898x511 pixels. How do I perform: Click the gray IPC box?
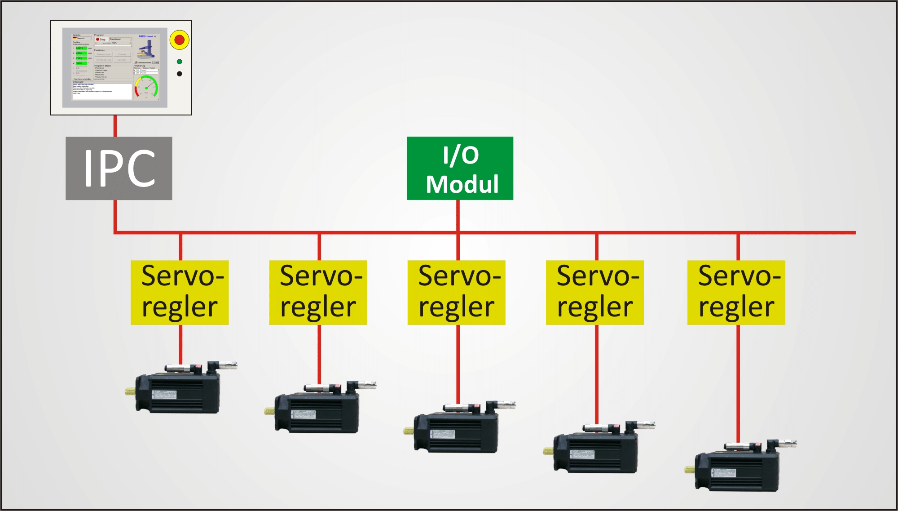pos(119,168)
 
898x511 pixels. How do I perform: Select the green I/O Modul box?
pos(460,168)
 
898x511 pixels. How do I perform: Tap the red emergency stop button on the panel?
pos(179,40)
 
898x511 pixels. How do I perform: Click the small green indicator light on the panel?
pos(180,62)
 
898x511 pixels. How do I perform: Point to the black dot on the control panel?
pos(180,74)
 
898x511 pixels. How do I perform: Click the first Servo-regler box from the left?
pos(180,292)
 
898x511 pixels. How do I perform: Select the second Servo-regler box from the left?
pos(318,292)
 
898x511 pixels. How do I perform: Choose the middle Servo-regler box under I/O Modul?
pos(456,292)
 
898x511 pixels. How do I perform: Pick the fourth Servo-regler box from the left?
pos(594,292)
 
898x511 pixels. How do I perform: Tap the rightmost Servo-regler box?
pos(736,292)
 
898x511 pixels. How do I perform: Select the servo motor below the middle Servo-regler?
pos(458,429)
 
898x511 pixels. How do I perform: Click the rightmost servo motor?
pos(739,467)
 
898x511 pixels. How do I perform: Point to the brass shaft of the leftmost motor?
pos(130,391)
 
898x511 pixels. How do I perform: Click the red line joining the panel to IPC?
pos(115,126)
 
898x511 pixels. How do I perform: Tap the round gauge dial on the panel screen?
pos(146,87)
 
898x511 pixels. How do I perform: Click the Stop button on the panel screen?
pos(101,40)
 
